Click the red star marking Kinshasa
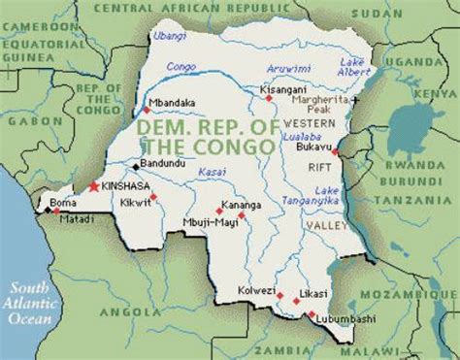(94, 184)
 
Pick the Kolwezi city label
(255, 290)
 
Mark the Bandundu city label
(162, 163)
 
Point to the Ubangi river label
(167, 38)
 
